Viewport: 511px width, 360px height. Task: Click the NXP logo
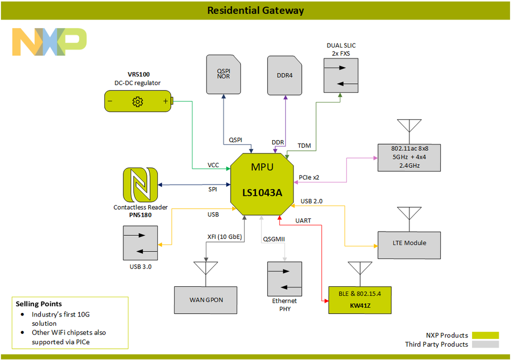tap(50, 42)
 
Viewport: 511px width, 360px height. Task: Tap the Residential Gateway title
tap(255, 10)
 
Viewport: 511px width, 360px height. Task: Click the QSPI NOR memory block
tap(224, 75)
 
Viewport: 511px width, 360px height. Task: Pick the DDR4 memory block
tap(285, 75)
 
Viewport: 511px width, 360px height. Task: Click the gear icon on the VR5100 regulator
tap(137, 101)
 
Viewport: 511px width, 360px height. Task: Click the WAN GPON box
tap(206, 300)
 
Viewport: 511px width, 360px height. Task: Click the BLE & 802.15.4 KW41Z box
tap(360, 300)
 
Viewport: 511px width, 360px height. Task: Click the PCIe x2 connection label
tap(309, 177)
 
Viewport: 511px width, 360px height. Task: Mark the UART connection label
tap(303, 220)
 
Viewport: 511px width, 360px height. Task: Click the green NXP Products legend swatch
tap(485, 335)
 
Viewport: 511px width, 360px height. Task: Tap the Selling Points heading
tap(39, 304)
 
